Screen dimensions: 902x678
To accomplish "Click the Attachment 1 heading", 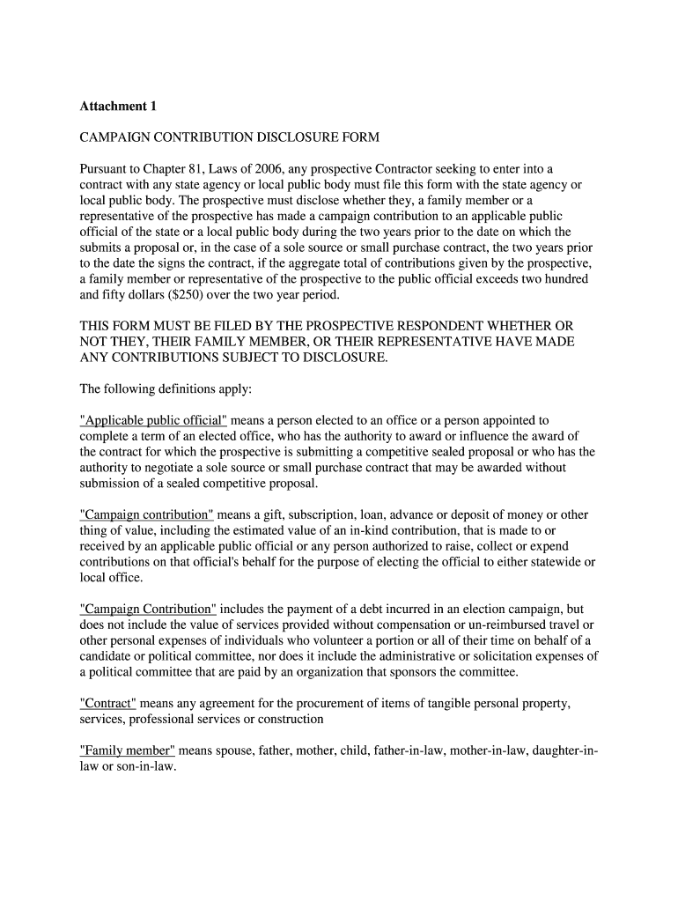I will pos(118,107).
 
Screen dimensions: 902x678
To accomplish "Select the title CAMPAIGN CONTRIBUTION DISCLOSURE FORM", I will pos(229,137).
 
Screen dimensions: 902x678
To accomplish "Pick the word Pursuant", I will pos(106,168).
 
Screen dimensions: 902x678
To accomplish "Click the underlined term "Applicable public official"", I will pos(153,420).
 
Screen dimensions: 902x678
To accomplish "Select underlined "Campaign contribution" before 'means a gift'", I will pos(147,514).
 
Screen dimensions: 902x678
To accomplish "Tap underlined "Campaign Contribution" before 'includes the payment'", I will pos(148,609).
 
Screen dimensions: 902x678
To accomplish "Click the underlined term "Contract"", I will pos(107,703).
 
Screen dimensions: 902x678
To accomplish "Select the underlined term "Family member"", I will pos(128,750).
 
